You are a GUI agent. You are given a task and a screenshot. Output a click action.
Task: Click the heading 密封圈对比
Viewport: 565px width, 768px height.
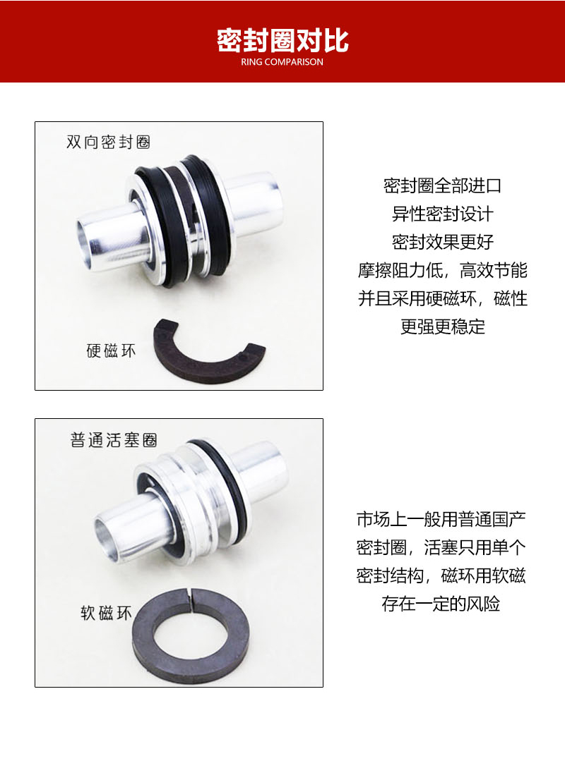(x=282, y=40)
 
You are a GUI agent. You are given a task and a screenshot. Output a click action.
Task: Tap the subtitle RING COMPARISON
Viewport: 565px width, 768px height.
(x=282, y=62)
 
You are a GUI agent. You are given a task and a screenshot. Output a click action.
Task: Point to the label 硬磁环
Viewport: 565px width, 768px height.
(x=111, y=351)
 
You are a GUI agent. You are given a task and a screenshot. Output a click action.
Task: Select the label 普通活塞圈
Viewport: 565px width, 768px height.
(x=114, y=440)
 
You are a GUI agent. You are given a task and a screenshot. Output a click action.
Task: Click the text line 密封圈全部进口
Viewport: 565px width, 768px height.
(x=442, y=186)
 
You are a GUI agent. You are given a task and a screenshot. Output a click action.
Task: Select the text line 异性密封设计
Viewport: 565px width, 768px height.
(x=442, y=214)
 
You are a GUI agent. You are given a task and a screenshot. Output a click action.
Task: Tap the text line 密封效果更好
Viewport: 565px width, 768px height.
(x=442, y=243)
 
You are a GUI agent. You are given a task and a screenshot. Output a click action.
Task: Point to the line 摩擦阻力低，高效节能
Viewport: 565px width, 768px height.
(x=442, y=271)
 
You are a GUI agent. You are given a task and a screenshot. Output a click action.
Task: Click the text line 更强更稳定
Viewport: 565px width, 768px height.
(x=442, y=327)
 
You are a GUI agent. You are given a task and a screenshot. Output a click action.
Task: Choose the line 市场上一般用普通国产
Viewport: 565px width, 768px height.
(x=442, y=520)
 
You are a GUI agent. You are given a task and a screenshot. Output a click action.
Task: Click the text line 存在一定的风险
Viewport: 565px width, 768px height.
(x=442, y=604)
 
